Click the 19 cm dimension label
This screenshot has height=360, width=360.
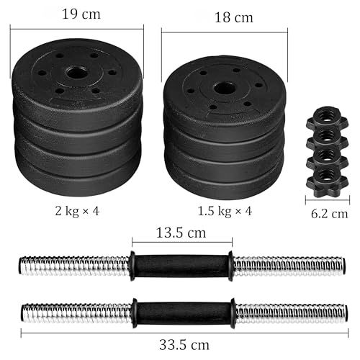tap(81, 12)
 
